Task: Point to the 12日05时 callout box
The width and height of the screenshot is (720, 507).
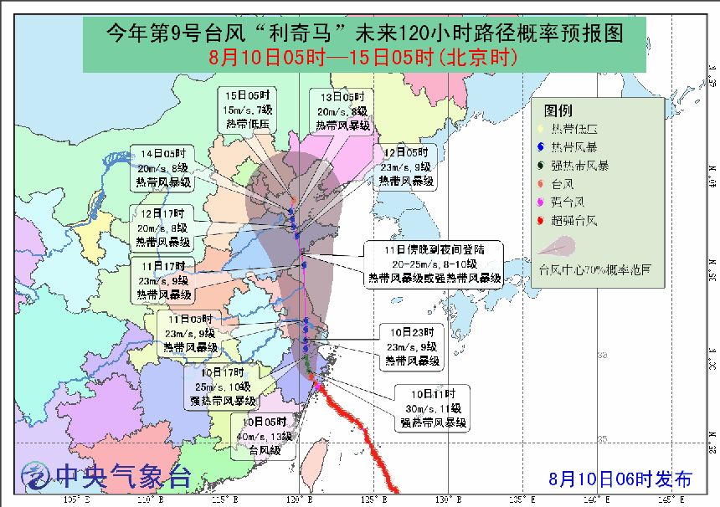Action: click(x=406, y=166)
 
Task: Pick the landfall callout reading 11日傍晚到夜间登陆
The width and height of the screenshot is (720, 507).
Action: click(x=434, y=264)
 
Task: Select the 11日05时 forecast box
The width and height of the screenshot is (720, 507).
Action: click(x=189, y=333)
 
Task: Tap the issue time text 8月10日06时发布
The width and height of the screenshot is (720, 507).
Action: click(x=620, y=479)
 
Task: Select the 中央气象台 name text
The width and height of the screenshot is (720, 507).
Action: click(x=123, y=476)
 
